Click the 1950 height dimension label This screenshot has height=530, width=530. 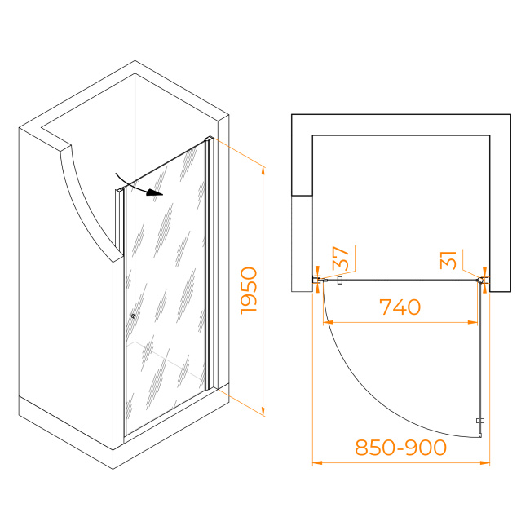(x=249, y=291)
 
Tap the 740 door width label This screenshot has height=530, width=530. (x=400, y=307)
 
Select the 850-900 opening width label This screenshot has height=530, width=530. (x=401, y=447)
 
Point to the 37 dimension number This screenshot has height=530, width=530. (x=340, y=258)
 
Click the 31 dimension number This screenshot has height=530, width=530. (x=448, y=260)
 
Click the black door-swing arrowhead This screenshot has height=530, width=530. (x=155, y=192)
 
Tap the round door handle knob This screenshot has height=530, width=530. (x=133, y=316)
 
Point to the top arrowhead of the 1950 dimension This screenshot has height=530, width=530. (x=263, y=171)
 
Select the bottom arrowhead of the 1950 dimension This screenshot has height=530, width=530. (x=263, y=411)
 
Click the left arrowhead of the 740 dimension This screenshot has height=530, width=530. (x=328, y=322)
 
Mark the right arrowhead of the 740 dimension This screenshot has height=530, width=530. (x=473, y=322)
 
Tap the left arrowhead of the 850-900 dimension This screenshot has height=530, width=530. (x=317, y=463)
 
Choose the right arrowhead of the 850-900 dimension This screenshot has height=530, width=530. (x=485, y=463)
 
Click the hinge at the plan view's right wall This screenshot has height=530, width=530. (x=483, y=280)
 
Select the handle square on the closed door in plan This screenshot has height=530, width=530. (x=340, y=280)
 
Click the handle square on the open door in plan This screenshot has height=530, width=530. (x=480, y=421)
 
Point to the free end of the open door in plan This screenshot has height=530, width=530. (x=480, y=436)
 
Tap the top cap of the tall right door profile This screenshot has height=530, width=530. (x=209, y=139)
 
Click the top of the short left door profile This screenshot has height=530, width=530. (x=120, y=191)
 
